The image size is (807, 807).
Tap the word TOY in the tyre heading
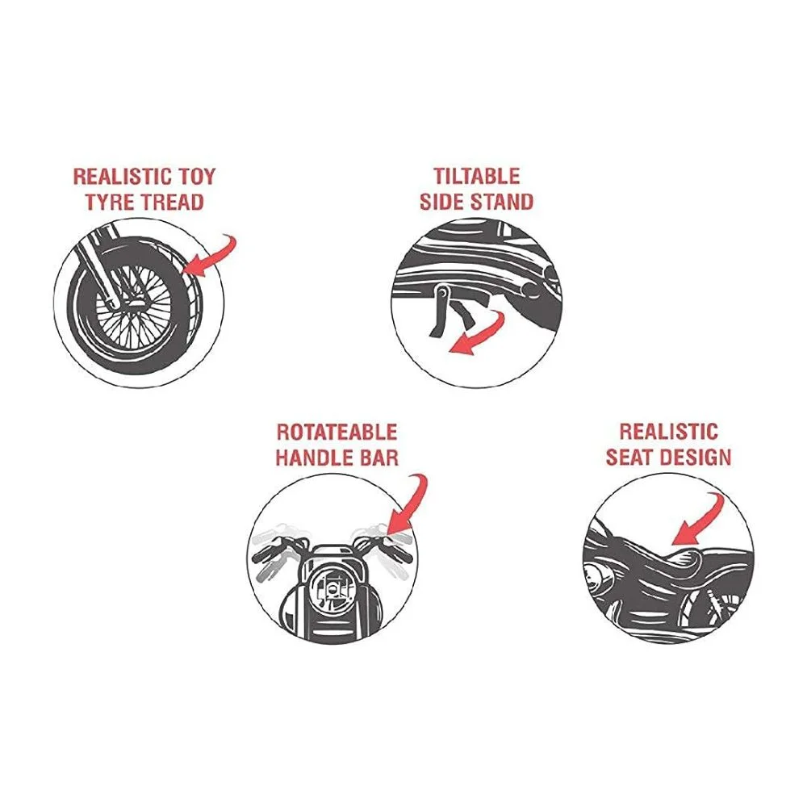coord(197,177)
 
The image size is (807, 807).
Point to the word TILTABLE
coord(477,177)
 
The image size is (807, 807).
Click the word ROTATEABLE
coord(337,432)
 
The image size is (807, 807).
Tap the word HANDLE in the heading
coord(312,458)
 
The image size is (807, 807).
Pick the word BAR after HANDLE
coord(377,458)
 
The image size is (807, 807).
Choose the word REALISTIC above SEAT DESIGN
coord(668,431)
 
